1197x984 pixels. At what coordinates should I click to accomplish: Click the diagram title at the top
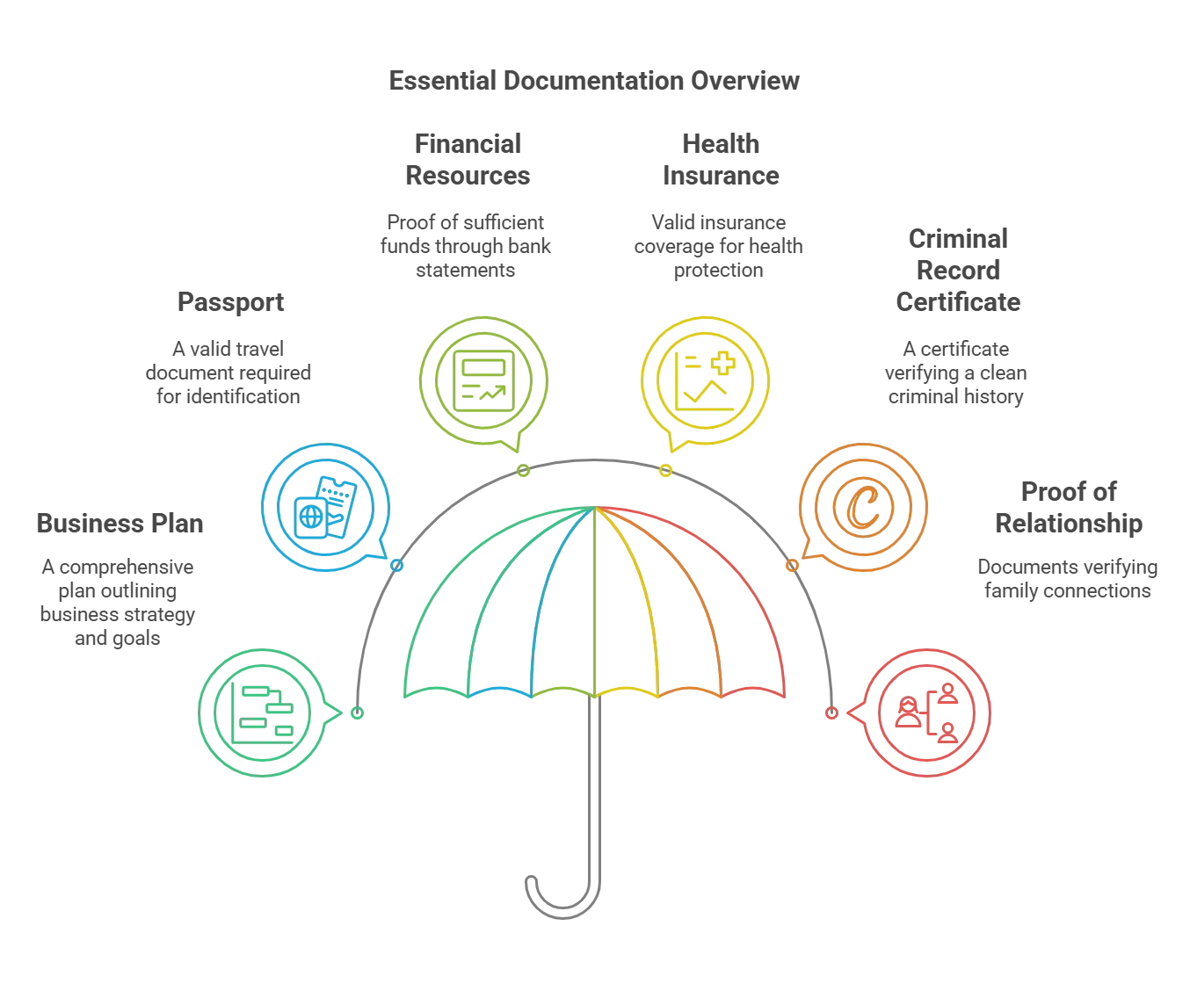coord(594,80)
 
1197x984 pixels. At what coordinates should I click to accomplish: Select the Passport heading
coord(231,303)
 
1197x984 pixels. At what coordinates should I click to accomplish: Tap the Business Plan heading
coord(120,523)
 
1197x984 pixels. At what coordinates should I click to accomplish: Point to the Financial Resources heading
coord(467,159)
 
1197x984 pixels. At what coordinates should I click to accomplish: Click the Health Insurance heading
coord(721,159)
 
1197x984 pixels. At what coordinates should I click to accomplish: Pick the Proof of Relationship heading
coord(1068,507)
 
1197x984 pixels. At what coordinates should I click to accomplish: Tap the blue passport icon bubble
coord(324,508)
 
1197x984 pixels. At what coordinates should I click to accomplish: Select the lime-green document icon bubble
coord(481,377)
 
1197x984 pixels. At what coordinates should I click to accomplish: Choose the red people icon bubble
coord(928,713)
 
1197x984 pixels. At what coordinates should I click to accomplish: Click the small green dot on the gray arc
coord(358,713)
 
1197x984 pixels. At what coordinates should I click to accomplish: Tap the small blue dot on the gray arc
coord(397,567)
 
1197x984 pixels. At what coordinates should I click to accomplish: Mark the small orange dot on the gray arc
coord(792,567)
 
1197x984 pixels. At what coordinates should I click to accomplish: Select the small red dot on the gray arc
coord(831,713)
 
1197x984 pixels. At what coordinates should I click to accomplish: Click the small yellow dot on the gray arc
coord(666,471)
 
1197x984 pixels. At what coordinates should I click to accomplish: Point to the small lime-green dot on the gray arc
coord(522,471)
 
